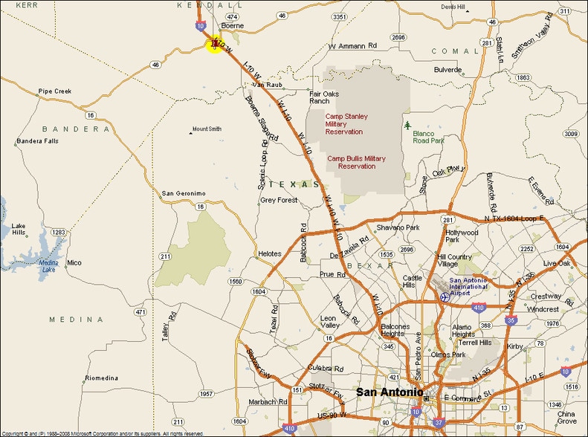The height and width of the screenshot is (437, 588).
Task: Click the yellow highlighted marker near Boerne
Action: tap(214, 45)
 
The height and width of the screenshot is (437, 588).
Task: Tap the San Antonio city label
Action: tap(390, 392)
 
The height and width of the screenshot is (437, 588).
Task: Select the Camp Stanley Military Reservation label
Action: tap(346, 124)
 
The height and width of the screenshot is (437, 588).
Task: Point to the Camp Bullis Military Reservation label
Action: tap(357, 162)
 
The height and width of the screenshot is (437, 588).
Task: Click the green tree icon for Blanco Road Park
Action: tap(407, 125)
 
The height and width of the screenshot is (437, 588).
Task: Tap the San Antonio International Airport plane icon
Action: tap(445, 297)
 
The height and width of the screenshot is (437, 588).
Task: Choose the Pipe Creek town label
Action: tap(54, 91)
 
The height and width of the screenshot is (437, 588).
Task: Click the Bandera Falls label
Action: tap(37, 140)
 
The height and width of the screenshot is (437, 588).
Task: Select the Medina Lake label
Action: tap(48, 266)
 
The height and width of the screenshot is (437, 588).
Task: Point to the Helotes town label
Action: tap(270, 253)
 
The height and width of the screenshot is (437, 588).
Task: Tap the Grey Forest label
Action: tap(278, 200)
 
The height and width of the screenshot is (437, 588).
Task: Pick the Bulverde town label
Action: tap(448, 69)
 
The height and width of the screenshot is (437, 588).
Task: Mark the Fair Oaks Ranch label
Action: tap(324, 97)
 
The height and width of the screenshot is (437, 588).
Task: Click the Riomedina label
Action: tap(101, 378)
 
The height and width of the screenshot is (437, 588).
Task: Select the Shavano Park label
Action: tap(398, 227)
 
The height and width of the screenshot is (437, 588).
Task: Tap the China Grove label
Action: tap(566, 418)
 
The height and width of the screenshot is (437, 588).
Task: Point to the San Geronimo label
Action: tap(184, 193)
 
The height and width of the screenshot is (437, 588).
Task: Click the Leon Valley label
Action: tap(329, 323)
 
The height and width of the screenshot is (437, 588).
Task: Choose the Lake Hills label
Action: tap(19, 229)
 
